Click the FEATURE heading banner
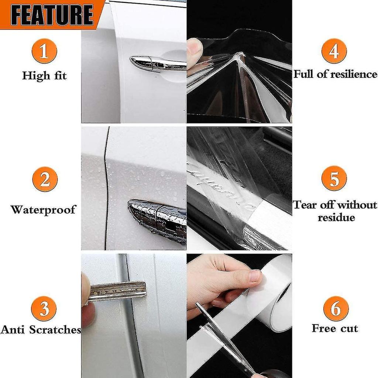click(x=52, y=14)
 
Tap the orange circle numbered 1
click(x=44, y=51)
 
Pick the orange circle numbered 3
click(x=44, y=309)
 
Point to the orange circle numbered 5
click(x=334, y=178)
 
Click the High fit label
click(x=44, y=76)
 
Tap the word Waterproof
click(x=43, y=210)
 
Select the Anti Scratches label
click(x=41, y=330)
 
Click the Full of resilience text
click(x=335, y=74)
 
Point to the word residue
click(x=336, y=217)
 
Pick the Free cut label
click(x=335, y=328)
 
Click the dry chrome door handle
click(x=157, y=63)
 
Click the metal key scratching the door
click(x=116, y=290)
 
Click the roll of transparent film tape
click(x=273, y=295)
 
